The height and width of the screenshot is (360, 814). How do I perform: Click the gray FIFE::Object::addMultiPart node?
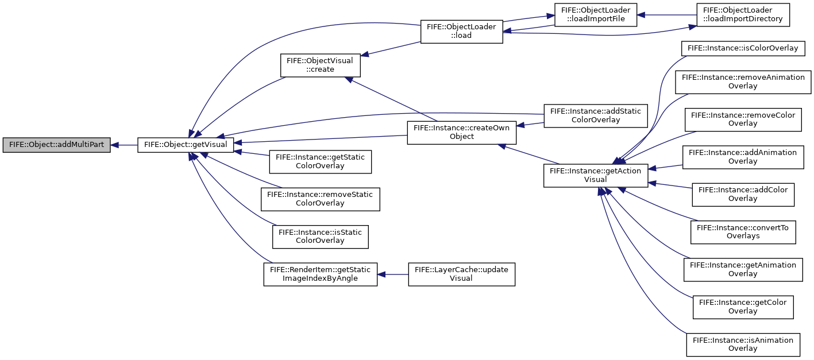[56, 145]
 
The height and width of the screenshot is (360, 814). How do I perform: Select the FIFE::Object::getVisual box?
[186, 145]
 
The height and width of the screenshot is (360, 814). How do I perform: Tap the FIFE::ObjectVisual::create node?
[320, 65]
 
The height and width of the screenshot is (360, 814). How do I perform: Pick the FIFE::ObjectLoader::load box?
[461, 32]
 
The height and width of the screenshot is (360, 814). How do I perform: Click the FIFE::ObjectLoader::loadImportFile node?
[596, 15]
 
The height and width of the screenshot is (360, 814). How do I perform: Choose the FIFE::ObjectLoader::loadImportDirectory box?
[743, 15]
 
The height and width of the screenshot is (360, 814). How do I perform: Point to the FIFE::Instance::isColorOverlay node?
[743, 48]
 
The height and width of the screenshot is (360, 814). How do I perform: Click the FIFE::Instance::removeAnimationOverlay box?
[743, 82]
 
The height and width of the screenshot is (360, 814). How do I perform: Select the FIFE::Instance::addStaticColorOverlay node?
[596, 116]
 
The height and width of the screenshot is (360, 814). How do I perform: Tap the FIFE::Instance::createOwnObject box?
[461, 133]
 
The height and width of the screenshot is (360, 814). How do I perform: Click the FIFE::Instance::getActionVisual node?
[596, 176]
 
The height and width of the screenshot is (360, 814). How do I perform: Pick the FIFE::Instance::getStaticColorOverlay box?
[320, 162]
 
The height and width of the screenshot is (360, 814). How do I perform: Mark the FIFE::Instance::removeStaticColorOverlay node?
[320, 199]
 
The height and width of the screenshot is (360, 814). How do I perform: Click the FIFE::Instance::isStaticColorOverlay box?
[320, 237]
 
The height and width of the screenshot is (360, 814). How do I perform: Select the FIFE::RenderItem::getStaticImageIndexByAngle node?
[320, 274]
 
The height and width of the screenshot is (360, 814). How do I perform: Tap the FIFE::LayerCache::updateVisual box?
[461, 274]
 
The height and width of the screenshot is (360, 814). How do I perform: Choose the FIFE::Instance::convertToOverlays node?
[743, 232]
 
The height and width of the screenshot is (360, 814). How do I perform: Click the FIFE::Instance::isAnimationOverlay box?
[743, 344]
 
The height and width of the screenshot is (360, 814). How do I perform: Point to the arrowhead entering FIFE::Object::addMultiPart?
[114, 145]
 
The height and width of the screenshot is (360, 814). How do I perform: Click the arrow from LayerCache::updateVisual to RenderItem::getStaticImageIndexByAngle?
[393, 274]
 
